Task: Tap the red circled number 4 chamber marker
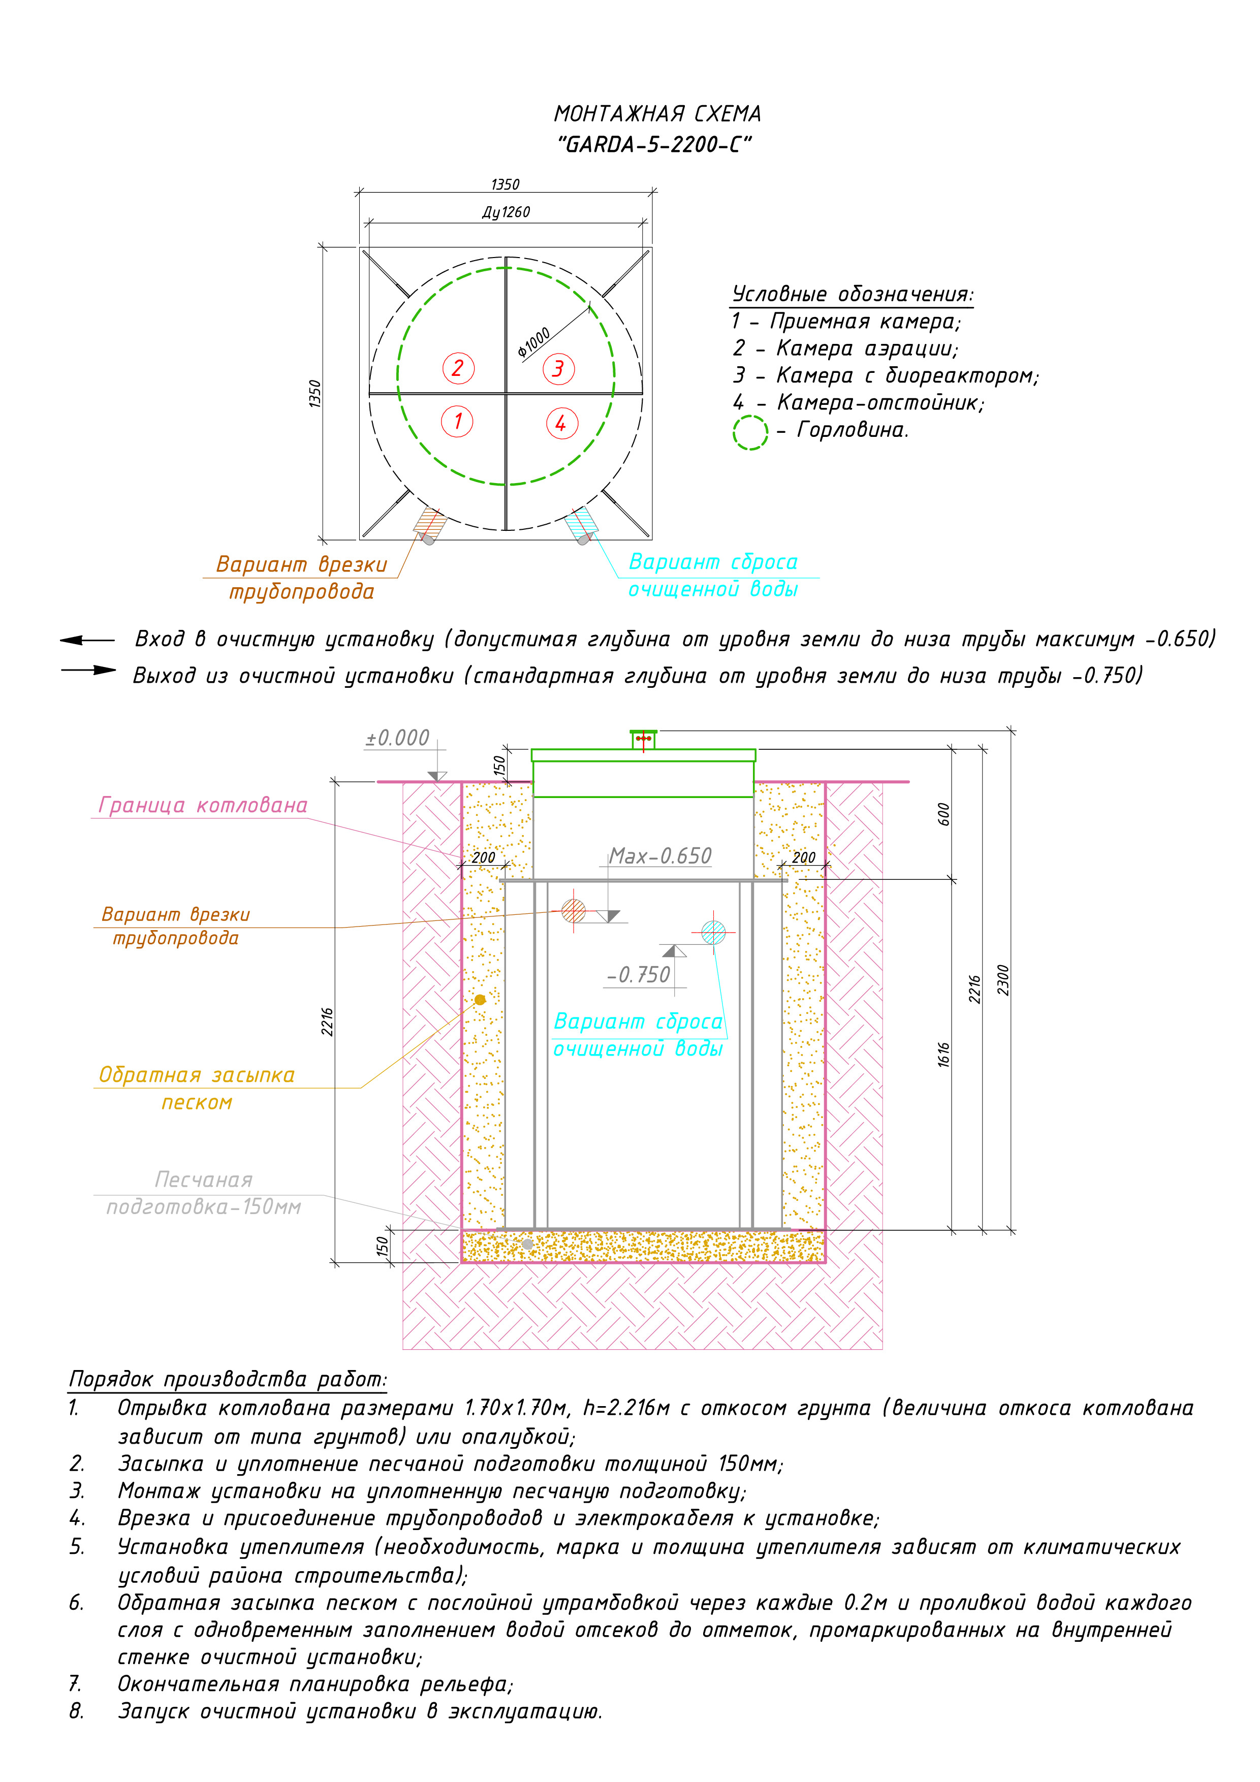tap(561, 423)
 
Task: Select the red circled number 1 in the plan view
tap(457, 422)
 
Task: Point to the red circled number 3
tap(558, 369)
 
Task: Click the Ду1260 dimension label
tap(506, 212)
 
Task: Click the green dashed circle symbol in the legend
tap(750, 432)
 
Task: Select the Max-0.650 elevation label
tap(660, 855)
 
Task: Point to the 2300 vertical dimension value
tap(1003, 979)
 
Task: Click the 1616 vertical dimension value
tap(944, 1054)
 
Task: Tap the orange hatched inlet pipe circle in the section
tap(573, 910)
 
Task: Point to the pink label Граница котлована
tap(203, 806)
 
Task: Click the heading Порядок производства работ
tap(228, 1379)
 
